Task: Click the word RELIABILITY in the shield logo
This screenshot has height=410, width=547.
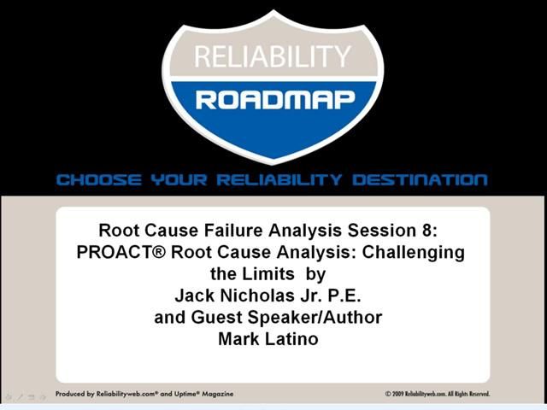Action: click(x=273, y=57)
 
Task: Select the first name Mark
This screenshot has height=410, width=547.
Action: click(x=240, y=339)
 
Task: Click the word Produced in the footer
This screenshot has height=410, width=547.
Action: click(x=71, y=394)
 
